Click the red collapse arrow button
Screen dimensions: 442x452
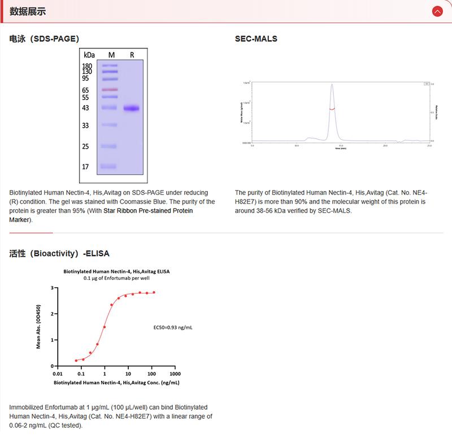(x=437, y=11)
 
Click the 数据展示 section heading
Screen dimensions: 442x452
(x=28, y=11)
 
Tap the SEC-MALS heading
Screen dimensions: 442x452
(x=256, y=39)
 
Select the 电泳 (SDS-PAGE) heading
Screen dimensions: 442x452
(x=44, y=39)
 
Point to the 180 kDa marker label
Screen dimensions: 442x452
(x=87, y=66)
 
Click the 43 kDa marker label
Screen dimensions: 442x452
(x=85, y=108)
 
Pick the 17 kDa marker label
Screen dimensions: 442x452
(x=85, y=167)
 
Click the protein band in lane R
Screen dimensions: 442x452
(x=132, y=109)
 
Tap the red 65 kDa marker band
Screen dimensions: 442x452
(x=110, y=90)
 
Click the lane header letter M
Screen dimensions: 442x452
(x=111, y=55)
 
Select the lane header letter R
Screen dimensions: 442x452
(x=132, y=55)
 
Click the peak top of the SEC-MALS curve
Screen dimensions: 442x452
(x=332, y=85)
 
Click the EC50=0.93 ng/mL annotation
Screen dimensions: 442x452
(x=173, y=327)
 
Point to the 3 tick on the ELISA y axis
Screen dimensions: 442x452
(x=52, y=288)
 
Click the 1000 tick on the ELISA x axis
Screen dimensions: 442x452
(x=175, y=374)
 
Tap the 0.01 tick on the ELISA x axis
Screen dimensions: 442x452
(x=57, y=374)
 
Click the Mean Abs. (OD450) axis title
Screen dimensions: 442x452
(x=38, y=327)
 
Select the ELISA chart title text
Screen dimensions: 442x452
(x=116, y=271)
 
